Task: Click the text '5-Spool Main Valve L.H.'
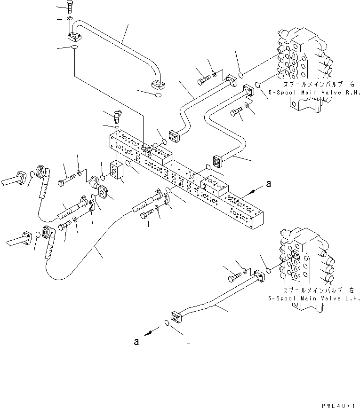pyautogui.click(x=321, y=298)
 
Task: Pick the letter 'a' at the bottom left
pyautogui.click(x=136, y=342)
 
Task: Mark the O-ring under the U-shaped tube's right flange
pyautogui.click(x=157, y=96)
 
